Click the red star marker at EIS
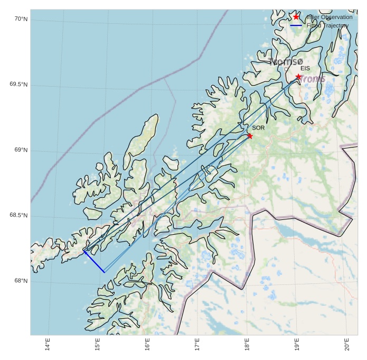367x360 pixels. click(x=298, y=77)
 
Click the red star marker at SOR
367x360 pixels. click(x=250, y=136)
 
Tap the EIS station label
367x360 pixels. click(x=305, y=68)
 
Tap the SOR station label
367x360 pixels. click(x=258, y=128)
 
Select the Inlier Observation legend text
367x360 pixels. click(x=329, y=17)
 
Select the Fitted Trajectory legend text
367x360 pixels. click(x=327, y=25)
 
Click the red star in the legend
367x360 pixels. click(x=296, y=17)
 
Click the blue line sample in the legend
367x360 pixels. click(x=296, y=25)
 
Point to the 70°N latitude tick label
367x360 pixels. click(x=21, y=19)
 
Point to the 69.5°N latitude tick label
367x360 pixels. click(x=18, y=85)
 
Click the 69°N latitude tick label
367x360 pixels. click(x=21, y=150)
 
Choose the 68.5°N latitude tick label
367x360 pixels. click(x=18, y=215)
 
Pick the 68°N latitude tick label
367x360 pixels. click(x=21, y=281)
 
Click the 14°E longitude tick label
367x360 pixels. click(x=48, y=345)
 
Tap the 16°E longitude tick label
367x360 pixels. click(x=147, y=345)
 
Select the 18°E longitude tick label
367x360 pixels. click(x=247, y=345)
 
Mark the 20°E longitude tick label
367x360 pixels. click(x=347, y=345)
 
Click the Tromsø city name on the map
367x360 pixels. click(x=286, y=62)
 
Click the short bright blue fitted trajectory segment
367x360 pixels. click(x=95, y=262)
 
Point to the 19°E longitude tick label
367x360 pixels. click(x=297, y=345)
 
